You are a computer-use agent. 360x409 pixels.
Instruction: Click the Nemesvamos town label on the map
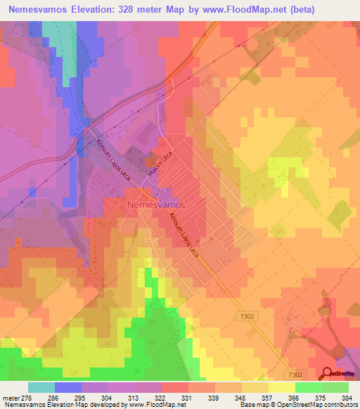pyautogui.click(x=156, y=204)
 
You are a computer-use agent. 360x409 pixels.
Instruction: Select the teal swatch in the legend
pyautogui.click(x=41, y=387)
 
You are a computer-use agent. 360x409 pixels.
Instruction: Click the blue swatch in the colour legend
pyautogui.click(x=68, y=387)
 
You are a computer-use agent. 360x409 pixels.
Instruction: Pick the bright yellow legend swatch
pyautogui.click(x=281, y=387)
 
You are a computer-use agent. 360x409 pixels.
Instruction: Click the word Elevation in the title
pyautogui.click(x=96, y=10)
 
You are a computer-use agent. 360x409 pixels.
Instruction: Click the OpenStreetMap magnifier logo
pyautogui.click(x=328, y=373)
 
